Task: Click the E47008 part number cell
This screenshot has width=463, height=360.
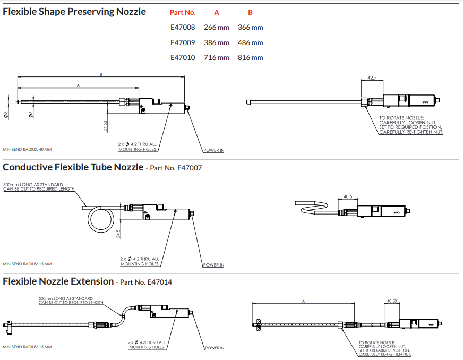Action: tap(182, 27)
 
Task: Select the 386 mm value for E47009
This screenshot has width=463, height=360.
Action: tap(217, 42)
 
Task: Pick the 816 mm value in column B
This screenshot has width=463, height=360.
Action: tap(251, 57)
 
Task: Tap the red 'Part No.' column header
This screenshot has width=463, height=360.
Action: tap(183, 12)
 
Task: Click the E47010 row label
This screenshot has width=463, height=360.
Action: tap(182, 57)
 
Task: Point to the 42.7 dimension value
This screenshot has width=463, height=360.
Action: tap(372, 78)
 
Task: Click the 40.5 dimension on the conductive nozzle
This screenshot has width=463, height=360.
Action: tap(348, 196)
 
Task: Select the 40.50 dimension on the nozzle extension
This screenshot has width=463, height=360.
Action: tap(392, 301)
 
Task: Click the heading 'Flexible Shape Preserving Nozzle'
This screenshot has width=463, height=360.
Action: tap(74, 12)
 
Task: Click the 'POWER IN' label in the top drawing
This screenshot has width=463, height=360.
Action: tap(213, 150)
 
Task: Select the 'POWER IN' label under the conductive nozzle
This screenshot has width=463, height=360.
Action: tap(213, 265)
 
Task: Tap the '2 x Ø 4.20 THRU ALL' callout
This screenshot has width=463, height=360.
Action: tap(147, 342)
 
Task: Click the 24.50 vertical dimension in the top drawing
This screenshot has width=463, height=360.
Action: tap(106, 126)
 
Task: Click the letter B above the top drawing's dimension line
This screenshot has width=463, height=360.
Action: tap(101, 74)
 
